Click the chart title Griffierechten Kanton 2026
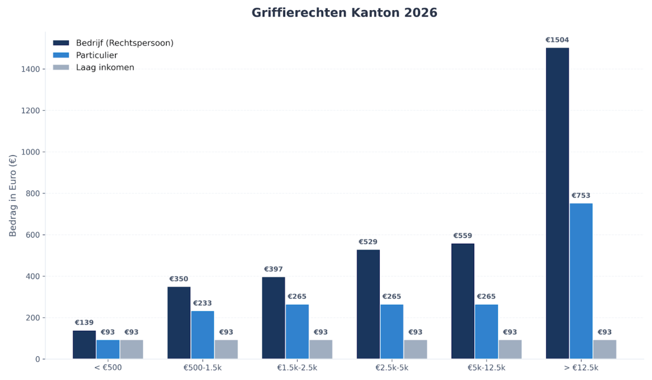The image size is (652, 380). coord(344,13)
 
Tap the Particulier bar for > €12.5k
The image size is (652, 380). coord(581,281)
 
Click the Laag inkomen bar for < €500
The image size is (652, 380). coord(132,349)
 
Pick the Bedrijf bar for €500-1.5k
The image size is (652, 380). coord(179,322)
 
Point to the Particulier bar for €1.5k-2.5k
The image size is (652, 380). coord(297,331)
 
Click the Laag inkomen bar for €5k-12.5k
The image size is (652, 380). coord(510,349)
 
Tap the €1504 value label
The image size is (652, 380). coord(557,40)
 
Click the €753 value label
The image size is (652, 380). coord(581,196)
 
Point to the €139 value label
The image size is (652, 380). coord(84,323)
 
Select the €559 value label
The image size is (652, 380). coord(462,236)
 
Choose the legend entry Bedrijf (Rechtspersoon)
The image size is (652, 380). coord(124,43)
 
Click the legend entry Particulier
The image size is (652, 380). coord(97,55)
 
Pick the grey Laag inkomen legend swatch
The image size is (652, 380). coord(61,68)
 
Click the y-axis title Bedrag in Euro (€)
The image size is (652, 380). coord(13,196)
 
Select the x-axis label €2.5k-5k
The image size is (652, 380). coord(392,368)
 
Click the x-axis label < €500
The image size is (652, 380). coord(108,368)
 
